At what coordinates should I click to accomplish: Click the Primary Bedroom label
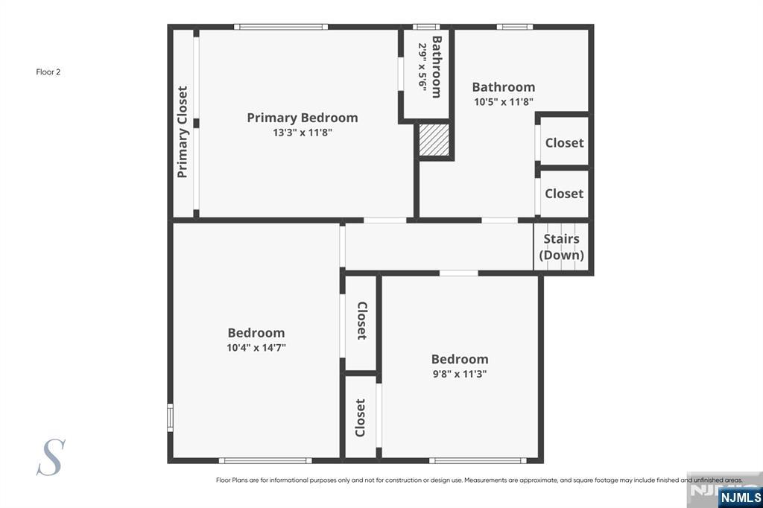click(303, 118)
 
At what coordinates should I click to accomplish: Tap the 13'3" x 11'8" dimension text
click(303, 133)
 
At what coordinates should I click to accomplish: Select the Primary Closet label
click(182, 132)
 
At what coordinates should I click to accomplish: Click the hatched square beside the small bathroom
click(434, 139)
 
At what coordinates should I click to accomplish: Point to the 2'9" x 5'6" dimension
click(422, 66)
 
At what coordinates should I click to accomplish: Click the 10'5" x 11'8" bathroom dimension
click(504, 102)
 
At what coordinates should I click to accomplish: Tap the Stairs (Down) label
click(561, 247)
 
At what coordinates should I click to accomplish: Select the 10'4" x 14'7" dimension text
click(256, 347)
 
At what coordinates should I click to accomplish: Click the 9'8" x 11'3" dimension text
click(460, 374)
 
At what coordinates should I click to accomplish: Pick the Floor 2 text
click(48, 72)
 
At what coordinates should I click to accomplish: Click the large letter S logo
click(51, 457)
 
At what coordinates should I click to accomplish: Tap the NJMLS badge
click(740, 498)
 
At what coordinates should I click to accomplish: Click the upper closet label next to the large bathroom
click(564, 143)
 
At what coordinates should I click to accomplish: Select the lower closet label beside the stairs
click(564, 194)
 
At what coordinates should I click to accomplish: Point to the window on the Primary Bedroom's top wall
click(281, 27)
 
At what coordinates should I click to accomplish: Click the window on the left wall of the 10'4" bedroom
click(171, 417)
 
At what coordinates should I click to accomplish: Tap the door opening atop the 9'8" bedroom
click(459, 273)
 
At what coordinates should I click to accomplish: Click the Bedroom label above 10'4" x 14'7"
click(256, 333)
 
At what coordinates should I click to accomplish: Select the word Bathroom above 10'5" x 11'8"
click(504, 87)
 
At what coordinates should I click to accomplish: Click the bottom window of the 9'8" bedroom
click(478, 460)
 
